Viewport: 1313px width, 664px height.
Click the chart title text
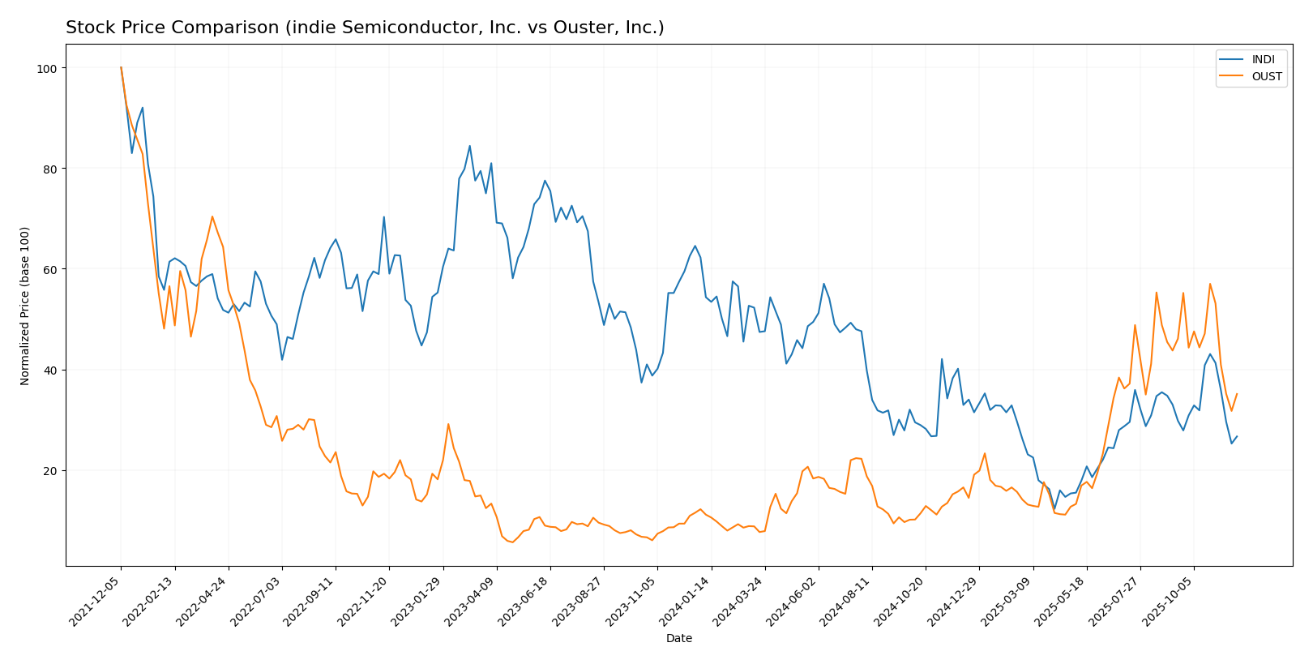[365, 28]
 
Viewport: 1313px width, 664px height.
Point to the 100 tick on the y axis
[49, 68]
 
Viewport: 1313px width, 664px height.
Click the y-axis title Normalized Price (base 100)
[25, 306]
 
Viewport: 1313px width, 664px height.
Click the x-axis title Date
[678, 638]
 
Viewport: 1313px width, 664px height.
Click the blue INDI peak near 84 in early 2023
[469, 146]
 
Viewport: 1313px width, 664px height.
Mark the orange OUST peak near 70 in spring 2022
[212, 216]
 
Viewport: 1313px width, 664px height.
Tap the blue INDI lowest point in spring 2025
[1054, 509]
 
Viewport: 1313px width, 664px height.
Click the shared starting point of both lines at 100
[121, 68]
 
